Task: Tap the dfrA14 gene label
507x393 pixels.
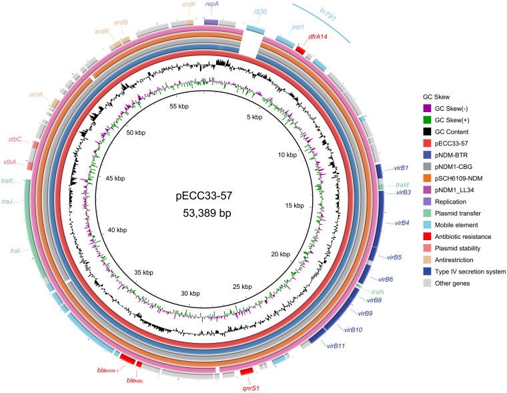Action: click(320, 37)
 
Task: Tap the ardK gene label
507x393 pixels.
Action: click(189, 5)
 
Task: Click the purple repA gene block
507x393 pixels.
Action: click(211, 22)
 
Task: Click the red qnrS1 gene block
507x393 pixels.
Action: click(246, 370)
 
